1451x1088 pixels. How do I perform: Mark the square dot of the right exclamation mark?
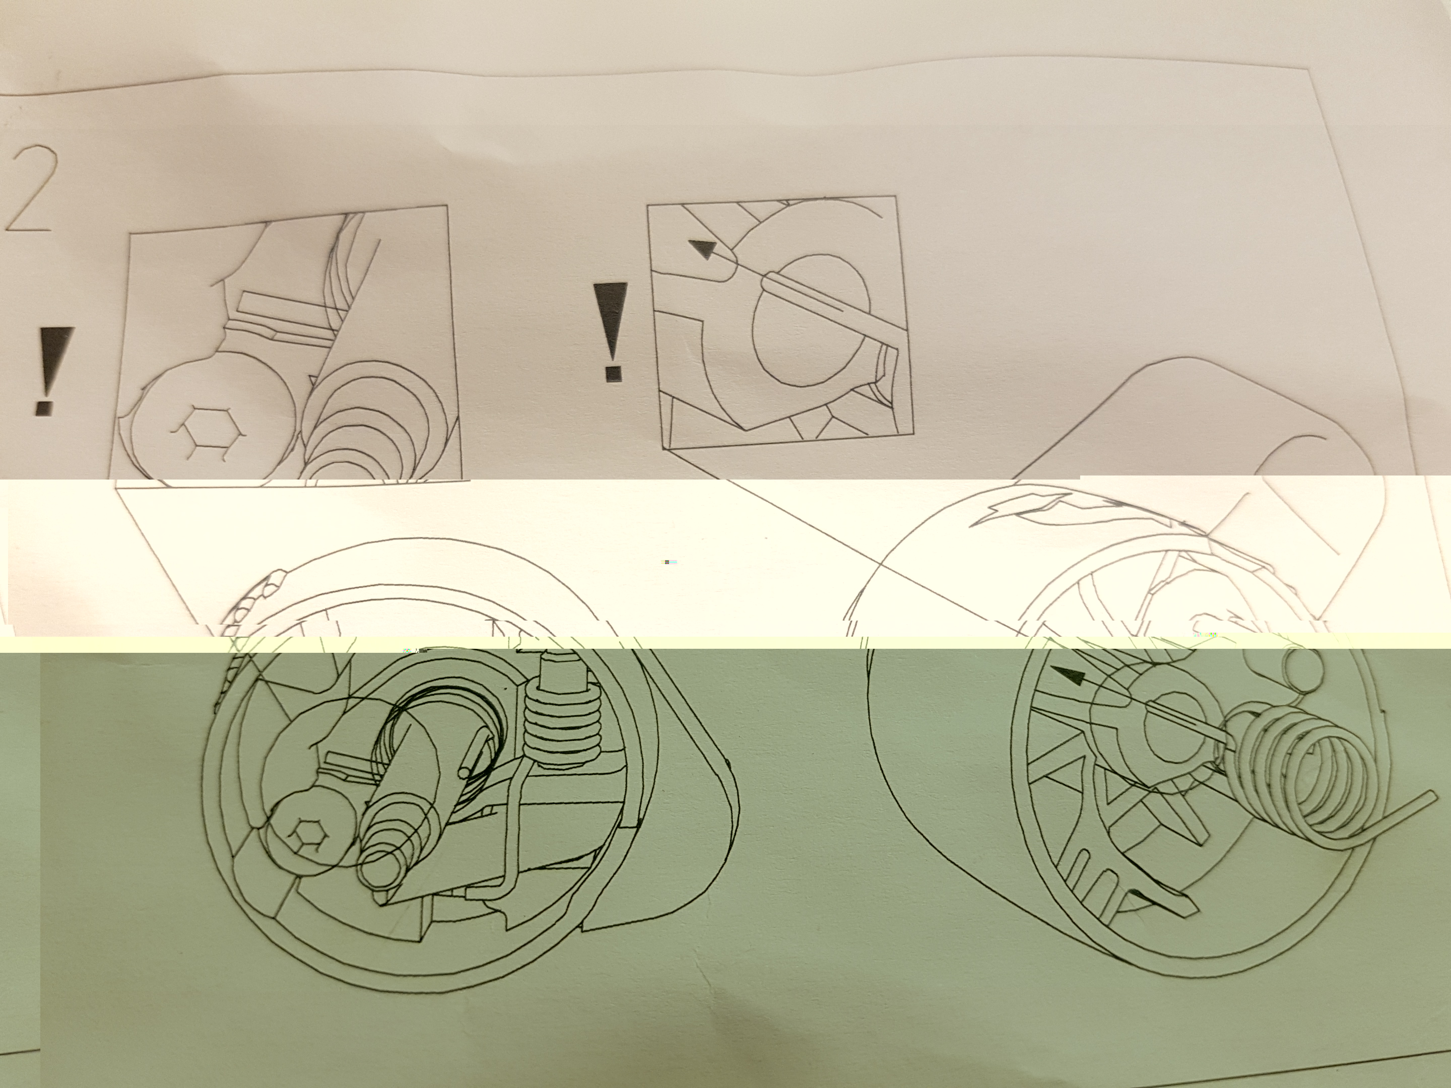pyautogui.click(x=613, y=374)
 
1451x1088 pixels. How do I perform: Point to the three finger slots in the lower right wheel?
pyautogui.click(x=1092, y=882)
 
